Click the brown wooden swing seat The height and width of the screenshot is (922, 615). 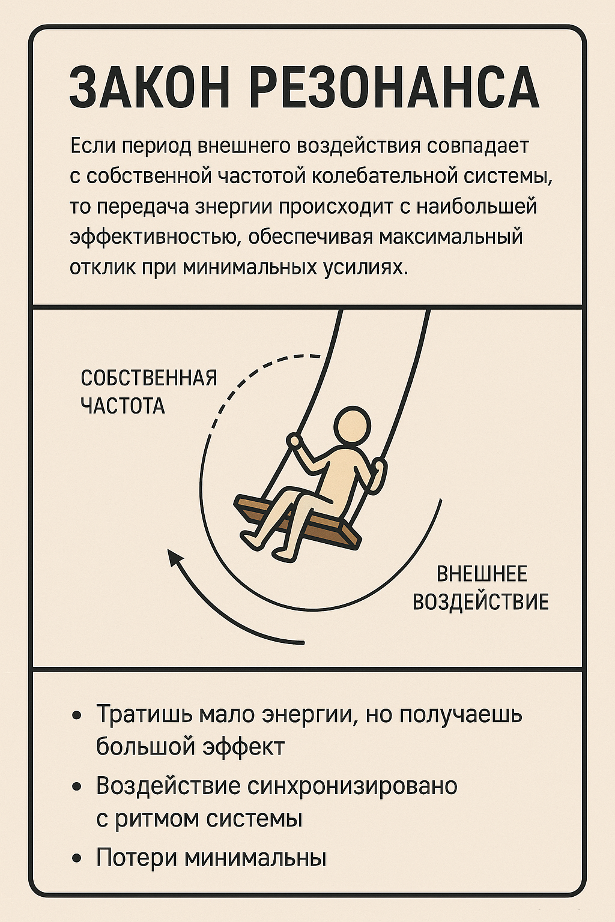(297, 523)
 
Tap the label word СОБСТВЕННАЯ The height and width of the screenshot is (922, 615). (148, 378)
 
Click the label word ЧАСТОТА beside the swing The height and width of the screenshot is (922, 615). (123, 406)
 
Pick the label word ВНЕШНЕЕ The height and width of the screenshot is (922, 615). (482, 574)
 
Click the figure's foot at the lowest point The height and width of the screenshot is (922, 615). (284, 553)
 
